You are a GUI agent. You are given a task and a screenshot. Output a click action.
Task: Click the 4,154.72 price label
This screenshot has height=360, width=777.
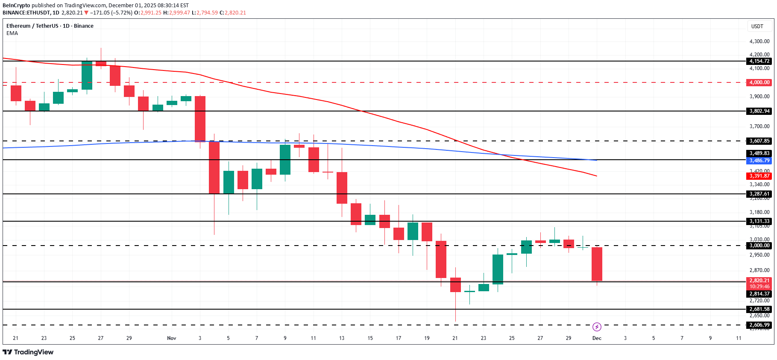(759, 61)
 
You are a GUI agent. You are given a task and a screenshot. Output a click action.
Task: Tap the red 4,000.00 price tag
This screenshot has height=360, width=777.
(759, 82)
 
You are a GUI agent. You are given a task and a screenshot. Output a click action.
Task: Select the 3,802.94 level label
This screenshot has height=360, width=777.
(759, 111)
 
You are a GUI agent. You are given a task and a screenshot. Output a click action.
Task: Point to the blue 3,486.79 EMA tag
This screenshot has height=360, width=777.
(759, 161)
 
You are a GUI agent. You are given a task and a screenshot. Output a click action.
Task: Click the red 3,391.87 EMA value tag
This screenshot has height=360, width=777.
(759, 176)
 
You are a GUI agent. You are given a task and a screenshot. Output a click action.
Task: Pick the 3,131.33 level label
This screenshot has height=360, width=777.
(759, 221)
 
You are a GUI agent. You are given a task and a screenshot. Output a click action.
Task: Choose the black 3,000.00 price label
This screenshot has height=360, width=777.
(759, 246)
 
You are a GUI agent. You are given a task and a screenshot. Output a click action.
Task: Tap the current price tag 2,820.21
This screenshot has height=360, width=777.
(759, 281)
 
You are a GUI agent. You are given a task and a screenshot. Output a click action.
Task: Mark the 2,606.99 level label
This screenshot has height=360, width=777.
(759, 325)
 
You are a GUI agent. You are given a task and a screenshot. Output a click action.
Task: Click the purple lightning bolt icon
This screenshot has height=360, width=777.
(597, 327)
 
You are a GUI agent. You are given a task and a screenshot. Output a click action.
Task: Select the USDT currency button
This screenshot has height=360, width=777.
(757, 26)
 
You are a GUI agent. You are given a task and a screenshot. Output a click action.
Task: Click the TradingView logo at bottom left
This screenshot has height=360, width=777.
(28, 352)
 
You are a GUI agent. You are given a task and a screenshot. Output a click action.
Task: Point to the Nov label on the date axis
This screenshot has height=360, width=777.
(171, 338)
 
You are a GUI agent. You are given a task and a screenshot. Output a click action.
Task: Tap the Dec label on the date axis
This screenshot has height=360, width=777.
(596, 338)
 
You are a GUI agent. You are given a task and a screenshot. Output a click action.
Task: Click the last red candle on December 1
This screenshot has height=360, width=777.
(597, 264)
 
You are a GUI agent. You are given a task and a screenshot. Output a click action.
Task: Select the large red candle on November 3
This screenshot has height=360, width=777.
(200, 119)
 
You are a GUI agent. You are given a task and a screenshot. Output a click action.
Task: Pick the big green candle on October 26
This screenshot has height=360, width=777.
(87, 75)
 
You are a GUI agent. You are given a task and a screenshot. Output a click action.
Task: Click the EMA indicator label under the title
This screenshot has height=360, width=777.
(12, 33)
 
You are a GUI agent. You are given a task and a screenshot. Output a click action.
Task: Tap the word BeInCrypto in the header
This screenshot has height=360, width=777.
(16, 6)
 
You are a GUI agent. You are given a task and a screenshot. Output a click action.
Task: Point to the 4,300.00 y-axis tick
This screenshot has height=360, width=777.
(759, 41)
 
